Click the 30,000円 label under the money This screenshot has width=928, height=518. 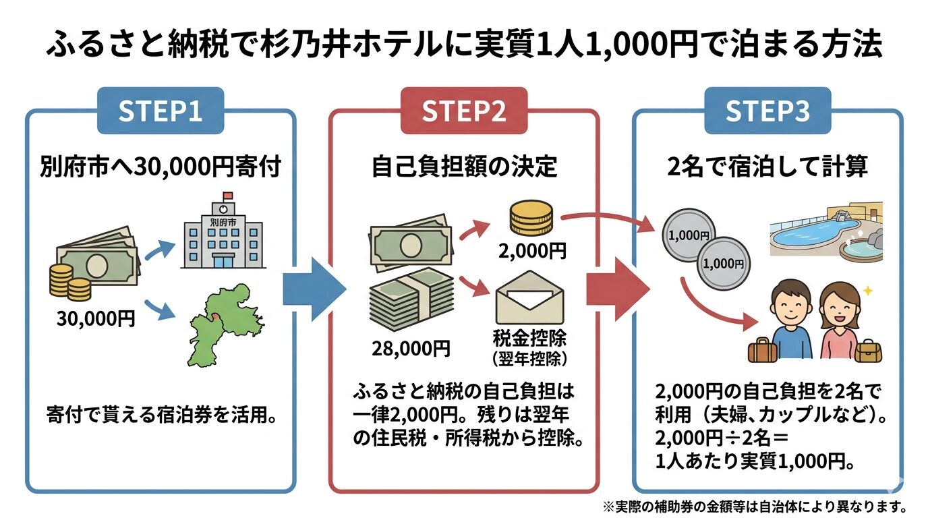pyautogui.click(x=96, y=318)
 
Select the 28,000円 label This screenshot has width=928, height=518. pyautogui.click(x=411, y=348)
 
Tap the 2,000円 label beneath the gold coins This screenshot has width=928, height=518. pyautogui.click(x=532, y=252)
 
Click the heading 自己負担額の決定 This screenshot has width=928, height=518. pyautogui.click(x=464, y=167)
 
